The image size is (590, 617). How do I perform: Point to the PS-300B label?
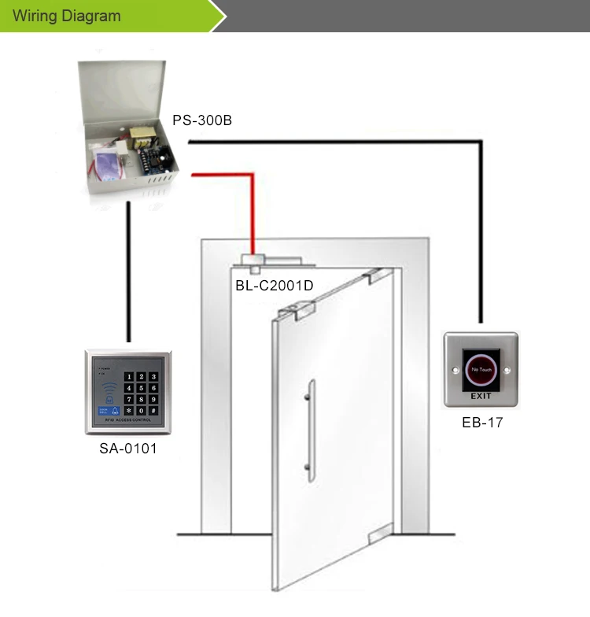202,121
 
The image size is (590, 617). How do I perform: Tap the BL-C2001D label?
274,286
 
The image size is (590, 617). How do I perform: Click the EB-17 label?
481,423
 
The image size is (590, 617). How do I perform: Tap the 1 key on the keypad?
130,376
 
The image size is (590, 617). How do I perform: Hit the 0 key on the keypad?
141,410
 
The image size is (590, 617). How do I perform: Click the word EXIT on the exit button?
481,396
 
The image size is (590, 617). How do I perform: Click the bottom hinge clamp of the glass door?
378,534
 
